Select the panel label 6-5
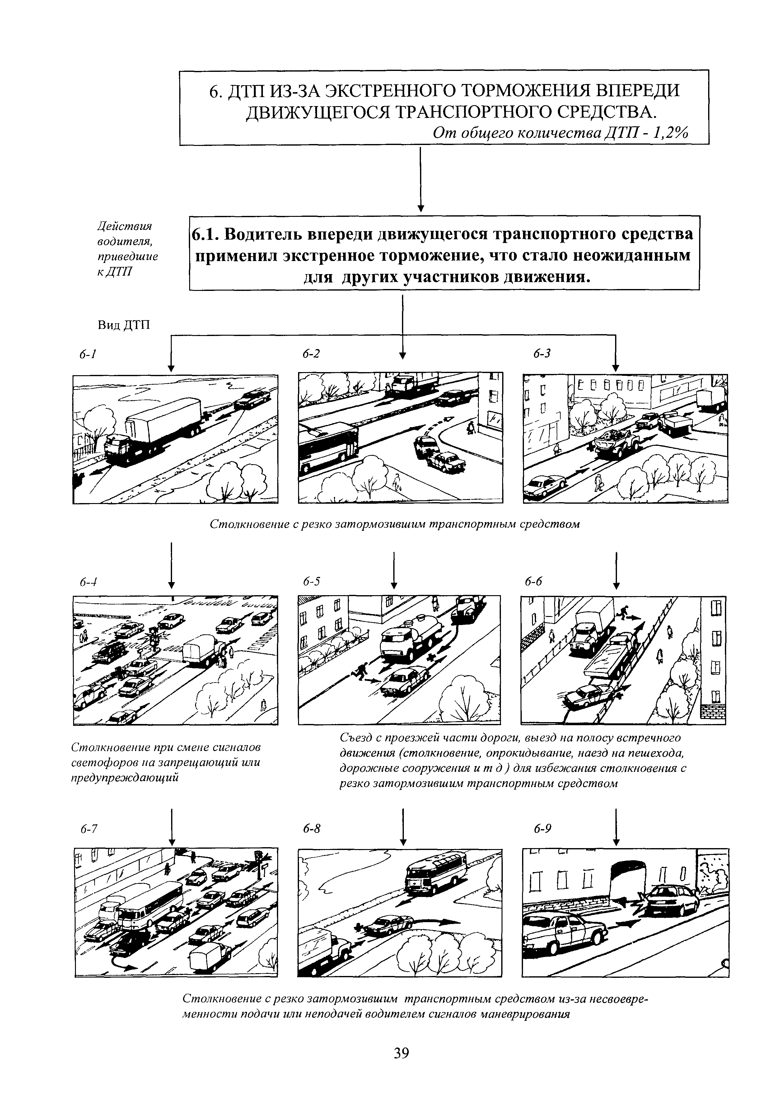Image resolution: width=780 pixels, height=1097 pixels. point(311,582)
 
